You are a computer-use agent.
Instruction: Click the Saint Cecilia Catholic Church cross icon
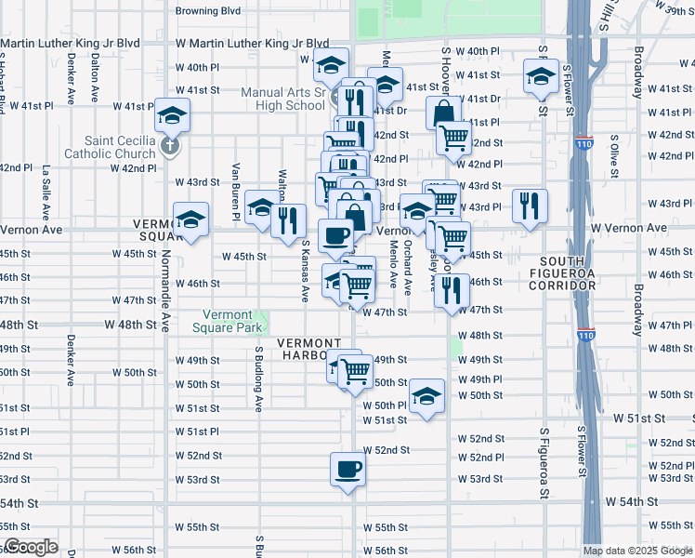[169, 147]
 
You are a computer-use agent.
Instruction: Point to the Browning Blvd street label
[209, 11]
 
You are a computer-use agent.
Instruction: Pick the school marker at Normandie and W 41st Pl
[171, 115]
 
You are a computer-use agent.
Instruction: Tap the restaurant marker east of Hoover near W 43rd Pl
[530, 206]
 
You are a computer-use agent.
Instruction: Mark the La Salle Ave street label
[45, 191]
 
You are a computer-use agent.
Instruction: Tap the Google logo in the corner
[30, 547]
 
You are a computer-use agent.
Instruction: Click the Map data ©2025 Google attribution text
[637, 551]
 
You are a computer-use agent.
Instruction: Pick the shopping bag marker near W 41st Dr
[443, 112]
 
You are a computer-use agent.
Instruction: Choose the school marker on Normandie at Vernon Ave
[190, 221]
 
